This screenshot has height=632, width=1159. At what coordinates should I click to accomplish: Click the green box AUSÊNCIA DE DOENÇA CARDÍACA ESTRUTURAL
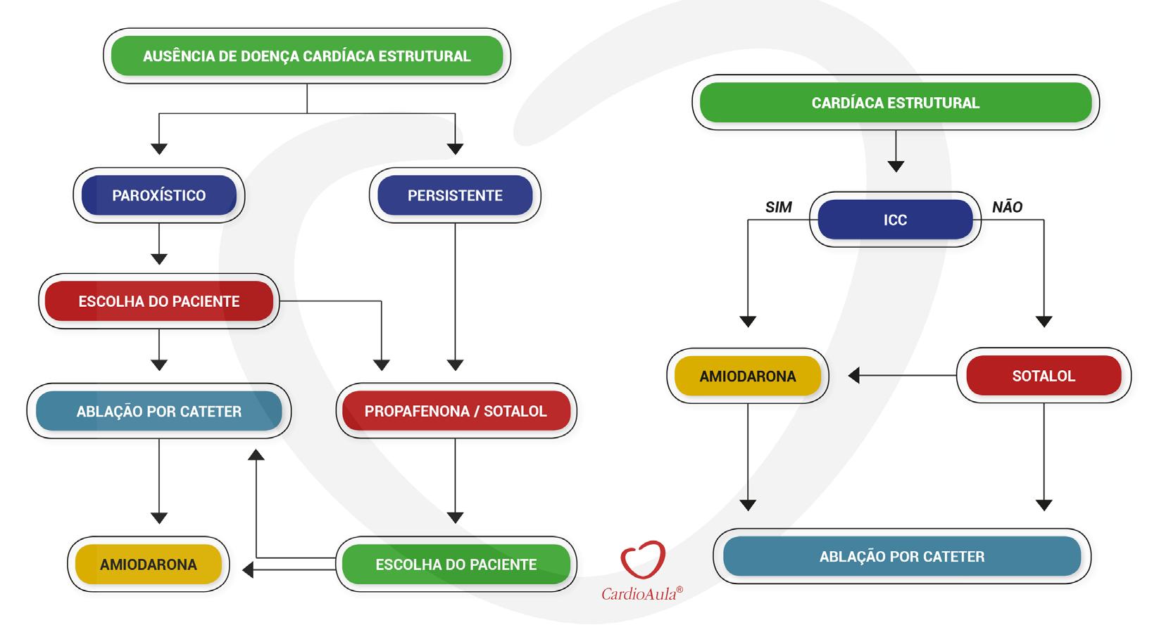pos(307,56)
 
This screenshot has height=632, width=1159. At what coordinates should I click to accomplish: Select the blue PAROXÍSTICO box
pos(159,195)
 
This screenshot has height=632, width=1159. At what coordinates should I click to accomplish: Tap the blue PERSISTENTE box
pos(455,195)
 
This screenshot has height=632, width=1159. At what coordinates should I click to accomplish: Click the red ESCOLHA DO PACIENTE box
pos(159,301)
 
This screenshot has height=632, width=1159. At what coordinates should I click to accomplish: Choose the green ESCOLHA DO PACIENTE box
pos(456,564)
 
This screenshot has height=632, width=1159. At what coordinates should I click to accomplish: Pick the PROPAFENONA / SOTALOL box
pos(456,410)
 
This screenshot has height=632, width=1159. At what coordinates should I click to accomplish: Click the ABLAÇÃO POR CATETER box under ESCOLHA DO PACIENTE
pos(159,411)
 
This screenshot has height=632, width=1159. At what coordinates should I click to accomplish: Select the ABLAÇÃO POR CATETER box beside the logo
pos(902,557)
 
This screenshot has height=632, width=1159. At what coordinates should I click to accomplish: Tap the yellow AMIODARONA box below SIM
pos(748,376)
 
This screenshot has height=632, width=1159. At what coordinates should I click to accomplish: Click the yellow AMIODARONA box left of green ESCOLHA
pos(149,564)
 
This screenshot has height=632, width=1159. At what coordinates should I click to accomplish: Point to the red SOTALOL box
pos(1044,376)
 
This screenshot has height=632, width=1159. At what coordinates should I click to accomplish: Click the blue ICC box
pos(895,220)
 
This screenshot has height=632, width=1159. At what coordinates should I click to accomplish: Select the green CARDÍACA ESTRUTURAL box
pos(896,103)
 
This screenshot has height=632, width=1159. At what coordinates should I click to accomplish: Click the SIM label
pos(778,207)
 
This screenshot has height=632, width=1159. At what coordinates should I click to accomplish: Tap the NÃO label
pos(1007,206)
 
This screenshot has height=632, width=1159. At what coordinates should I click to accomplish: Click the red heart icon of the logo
pos(643,560)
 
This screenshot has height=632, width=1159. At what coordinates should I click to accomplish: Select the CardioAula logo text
pos(641,594)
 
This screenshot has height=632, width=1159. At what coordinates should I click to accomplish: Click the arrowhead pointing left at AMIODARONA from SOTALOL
pos(853,376)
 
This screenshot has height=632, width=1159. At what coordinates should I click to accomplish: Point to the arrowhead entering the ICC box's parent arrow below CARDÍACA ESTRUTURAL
pos(896,166)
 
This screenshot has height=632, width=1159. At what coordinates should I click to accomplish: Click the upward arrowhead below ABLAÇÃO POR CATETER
pos(256,455)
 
